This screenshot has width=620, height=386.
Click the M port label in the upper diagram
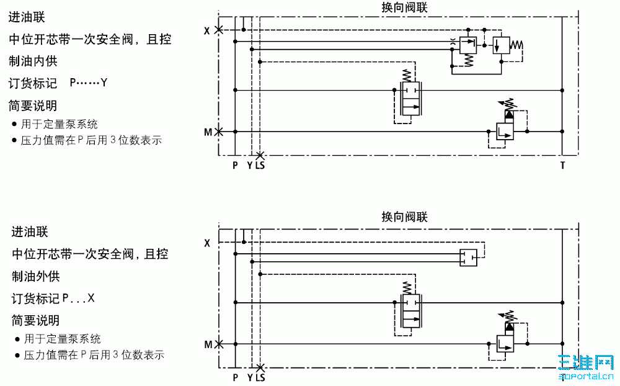pos(208,132)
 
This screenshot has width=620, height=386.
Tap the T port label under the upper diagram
pos(562,166)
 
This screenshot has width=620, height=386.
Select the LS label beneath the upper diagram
pos(260,166)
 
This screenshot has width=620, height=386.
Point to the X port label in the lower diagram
pos(207,243)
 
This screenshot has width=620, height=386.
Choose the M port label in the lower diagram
pos(208,344)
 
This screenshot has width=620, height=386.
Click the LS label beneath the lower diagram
pos(260,377)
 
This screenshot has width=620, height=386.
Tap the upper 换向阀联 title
pos(404,8)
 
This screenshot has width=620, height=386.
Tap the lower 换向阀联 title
pos(404,217)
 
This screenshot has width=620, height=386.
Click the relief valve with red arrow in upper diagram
pos(505,127)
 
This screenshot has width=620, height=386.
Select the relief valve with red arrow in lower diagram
pos(505,338)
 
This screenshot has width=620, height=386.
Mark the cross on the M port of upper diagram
pos(218,132)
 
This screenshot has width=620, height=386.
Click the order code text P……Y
pos(89,83)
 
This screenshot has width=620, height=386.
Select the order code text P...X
pos(78,298)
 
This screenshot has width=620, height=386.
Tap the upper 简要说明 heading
pos(33,105)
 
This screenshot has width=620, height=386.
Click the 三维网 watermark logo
pos(585,366)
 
